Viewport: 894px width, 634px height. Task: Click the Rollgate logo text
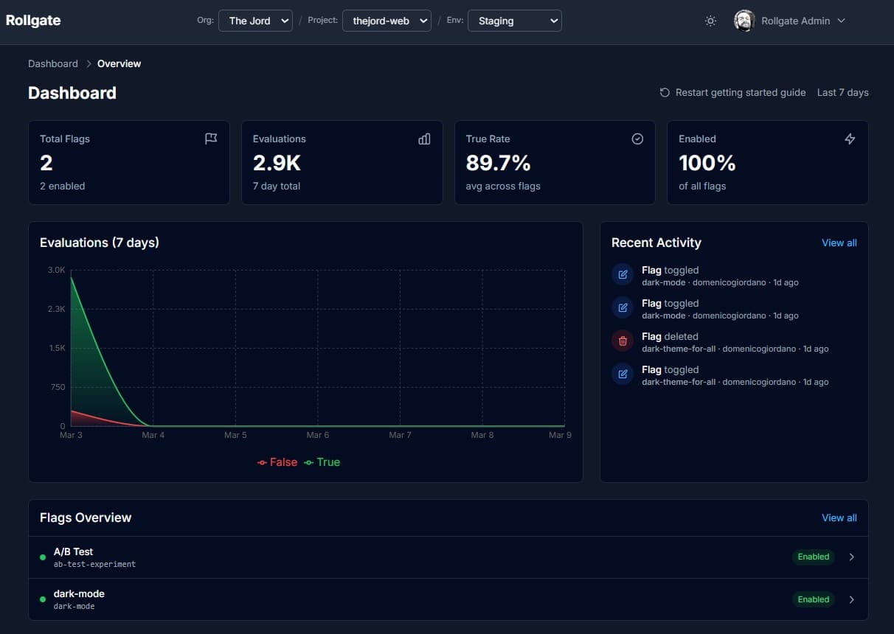click(x=33, y=21)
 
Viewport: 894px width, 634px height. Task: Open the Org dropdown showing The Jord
click(x=255, y=21)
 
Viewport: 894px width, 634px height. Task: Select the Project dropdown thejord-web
click(x=387, y=21)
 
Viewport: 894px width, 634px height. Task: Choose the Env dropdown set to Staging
click(x=514, y=21)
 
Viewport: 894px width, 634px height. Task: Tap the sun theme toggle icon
click(x=710, y=21)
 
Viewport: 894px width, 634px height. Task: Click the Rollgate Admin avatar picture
click(x=744, y=21)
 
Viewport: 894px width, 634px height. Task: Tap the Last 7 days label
click(x=842, y=92)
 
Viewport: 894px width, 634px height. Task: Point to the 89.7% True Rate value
click(x=498, y=162)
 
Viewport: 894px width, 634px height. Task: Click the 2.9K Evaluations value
click(x=277, y=162)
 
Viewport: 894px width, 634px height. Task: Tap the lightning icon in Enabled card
click(x=850, y=139)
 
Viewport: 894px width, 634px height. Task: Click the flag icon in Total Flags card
click(x=211, y=139)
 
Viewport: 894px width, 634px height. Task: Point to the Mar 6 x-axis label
click(x=318, y=435)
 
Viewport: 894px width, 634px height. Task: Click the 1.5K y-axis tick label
click(x=57, y=348)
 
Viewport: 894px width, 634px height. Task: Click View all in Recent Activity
click(x=839, y=243)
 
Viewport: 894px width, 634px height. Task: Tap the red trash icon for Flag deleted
click(x=623, y=341)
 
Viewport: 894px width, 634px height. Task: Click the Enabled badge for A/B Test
click(x=813, y=557)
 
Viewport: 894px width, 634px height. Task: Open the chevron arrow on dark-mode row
click(x=851, y=599)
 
